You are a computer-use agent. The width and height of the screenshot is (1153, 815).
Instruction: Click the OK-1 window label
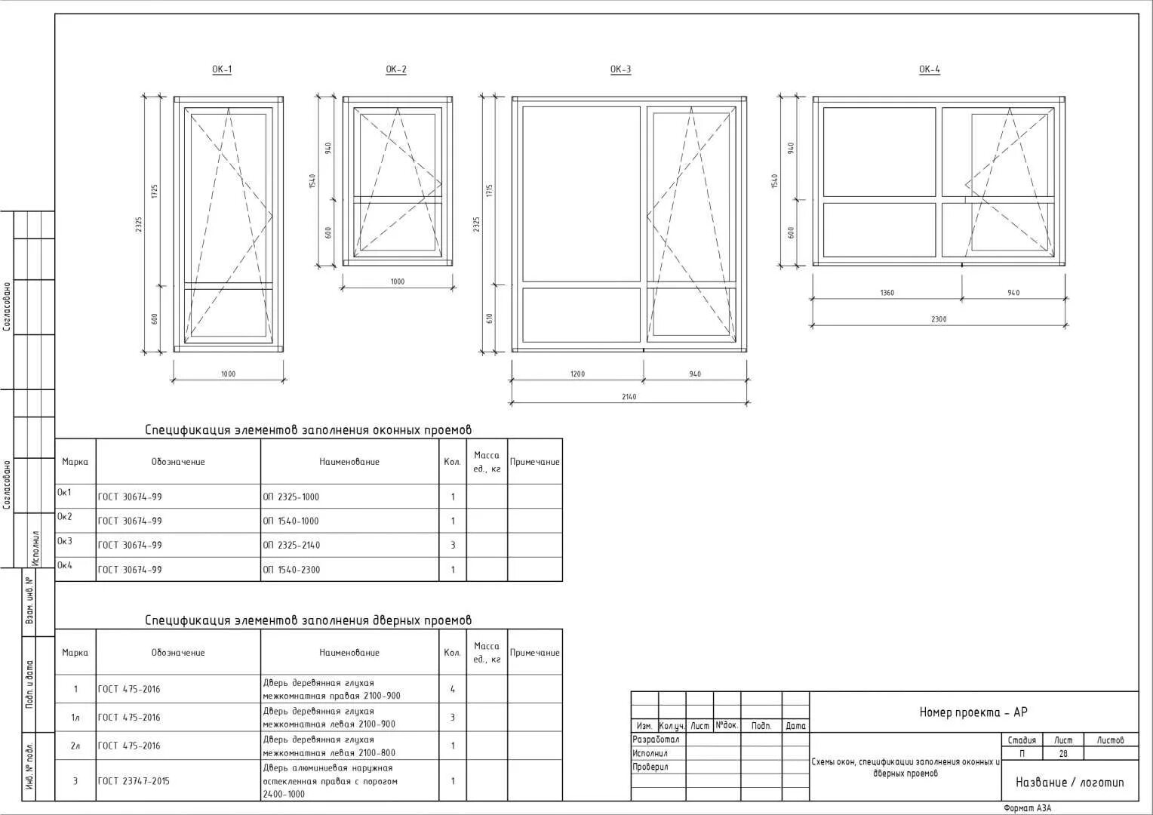tap(222, 69)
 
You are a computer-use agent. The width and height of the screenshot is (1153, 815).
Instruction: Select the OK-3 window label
tap(620, 69)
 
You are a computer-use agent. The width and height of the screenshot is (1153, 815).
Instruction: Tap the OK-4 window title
tap(929, 69)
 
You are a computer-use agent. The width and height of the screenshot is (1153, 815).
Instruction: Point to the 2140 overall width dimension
tap(629, 397)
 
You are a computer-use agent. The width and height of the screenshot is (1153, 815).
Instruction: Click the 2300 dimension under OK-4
tap(938, 319)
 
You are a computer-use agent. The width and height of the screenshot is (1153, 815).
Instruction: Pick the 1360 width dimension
tap(887, 293)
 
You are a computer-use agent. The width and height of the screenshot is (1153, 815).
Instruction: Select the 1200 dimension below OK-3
tap(577, 374)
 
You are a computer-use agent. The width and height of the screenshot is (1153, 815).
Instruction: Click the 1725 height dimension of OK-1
tap(154, 191)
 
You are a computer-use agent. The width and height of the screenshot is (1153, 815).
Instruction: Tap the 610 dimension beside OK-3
tap(489, 318)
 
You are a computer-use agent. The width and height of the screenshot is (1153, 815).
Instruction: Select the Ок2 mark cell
tap(65, 517)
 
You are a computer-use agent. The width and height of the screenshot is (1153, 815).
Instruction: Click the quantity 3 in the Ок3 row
tap(453, 545)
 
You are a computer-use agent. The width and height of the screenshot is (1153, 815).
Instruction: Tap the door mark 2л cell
tap(75, 746)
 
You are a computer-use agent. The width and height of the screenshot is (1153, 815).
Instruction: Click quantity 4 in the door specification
tap(453, 689)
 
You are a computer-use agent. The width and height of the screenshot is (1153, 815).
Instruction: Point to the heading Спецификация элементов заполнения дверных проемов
tap(308, 620)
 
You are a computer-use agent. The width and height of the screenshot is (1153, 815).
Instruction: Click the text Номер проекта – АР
tap(973, 712)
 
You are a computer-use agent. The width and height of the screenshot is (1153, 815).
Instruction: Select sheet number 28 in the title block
tap(1063, 754)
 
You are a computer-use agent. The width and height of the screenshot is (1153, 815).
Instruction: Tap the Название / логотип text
tap(1069, 783)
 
